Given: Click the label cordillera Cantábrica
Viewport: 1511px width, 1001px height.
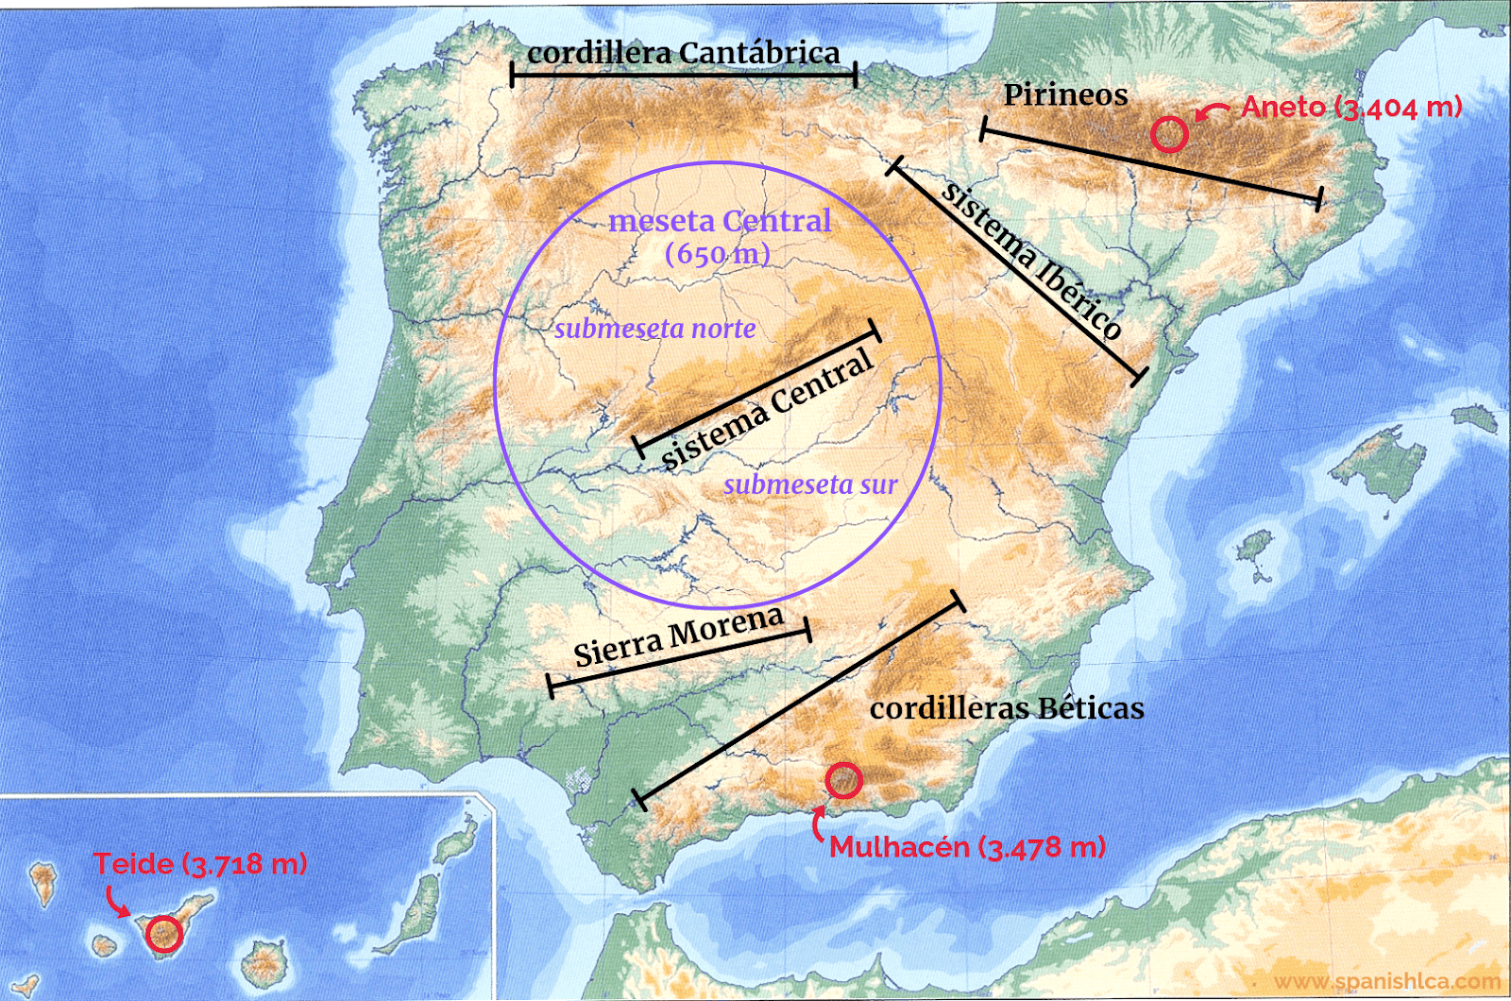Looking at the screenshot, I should (683, 53).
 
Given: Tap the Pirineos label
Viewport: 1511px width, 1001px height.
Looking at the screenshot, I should (1065, 95).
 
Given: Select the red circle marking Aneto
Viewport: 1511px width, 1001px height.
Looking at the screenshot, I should (1169, 134).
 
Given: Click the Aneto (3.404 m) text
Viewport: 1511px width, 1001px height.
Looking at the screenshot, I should (1351, 107).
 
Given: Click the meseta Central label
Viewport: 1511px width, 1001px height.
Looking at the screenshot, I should (720, 221).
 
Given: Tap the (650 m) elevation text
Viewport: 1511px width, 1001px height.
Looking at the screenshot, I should (718, 254).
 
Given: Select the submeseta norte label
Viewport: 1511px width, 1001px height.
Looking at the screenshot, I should (654, 329).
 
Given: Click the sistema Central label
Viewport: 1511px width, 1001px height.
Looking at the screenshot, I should (767, 409).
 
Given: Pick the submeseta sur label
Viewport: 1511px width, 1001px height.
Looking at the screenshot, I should (810, 484).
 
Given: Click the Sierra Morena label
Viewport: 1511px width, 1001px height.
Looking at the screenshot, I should (679, 637).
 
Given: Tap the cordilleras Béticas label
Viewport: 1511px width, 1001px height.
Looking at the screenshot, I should (1007, 708).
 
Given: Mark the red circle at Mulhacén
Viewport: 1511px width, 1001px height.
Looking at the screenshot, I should (843, 780).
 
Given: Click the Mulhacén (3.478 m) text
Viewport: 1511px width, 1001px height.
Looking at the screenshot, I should (967, 847).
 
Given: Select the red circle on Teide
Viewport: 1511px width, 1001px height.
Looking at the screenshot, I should (164, 933).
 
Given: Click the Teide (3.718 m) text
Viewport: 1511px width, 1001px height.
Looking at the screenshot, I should (200, 864).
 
